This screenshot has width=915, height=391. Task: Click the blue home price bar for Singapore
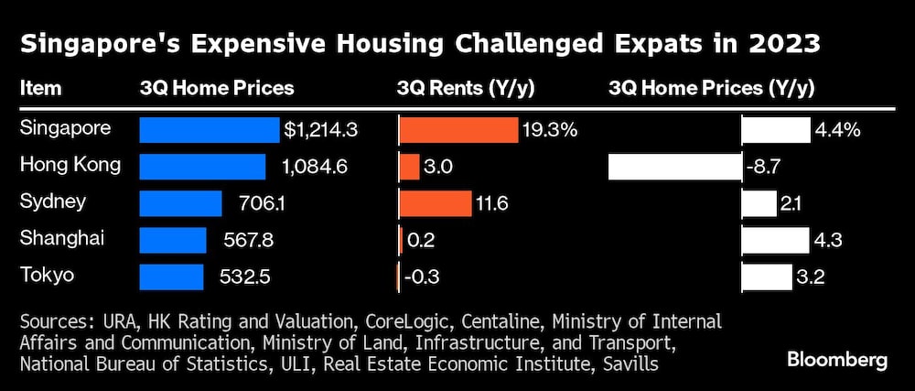[209, 130]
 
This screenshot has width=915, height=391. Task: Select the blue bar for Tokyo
[171, 277]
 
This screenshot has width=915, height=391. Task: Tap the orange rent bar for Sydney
[435, 203]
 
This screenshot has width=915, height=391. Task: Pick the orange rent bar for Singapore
[458, 130]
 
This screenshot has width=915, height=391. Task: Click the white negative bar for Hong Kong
[674, 167]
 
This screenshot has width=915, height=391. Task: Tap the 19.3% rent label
[550, 130]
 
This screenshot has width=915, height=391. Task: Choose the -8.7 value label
[767, 167]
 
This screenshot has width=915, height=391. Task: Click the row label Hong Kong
[70, 165]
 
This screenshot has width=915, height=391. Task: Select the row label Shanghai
[62, 238]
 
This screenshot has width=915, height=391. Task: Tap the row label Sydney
[53, 201]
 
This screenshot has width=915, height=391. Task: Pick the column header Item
[40, 89]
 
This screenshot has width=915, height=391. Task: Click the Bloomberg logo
[837, 360]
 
